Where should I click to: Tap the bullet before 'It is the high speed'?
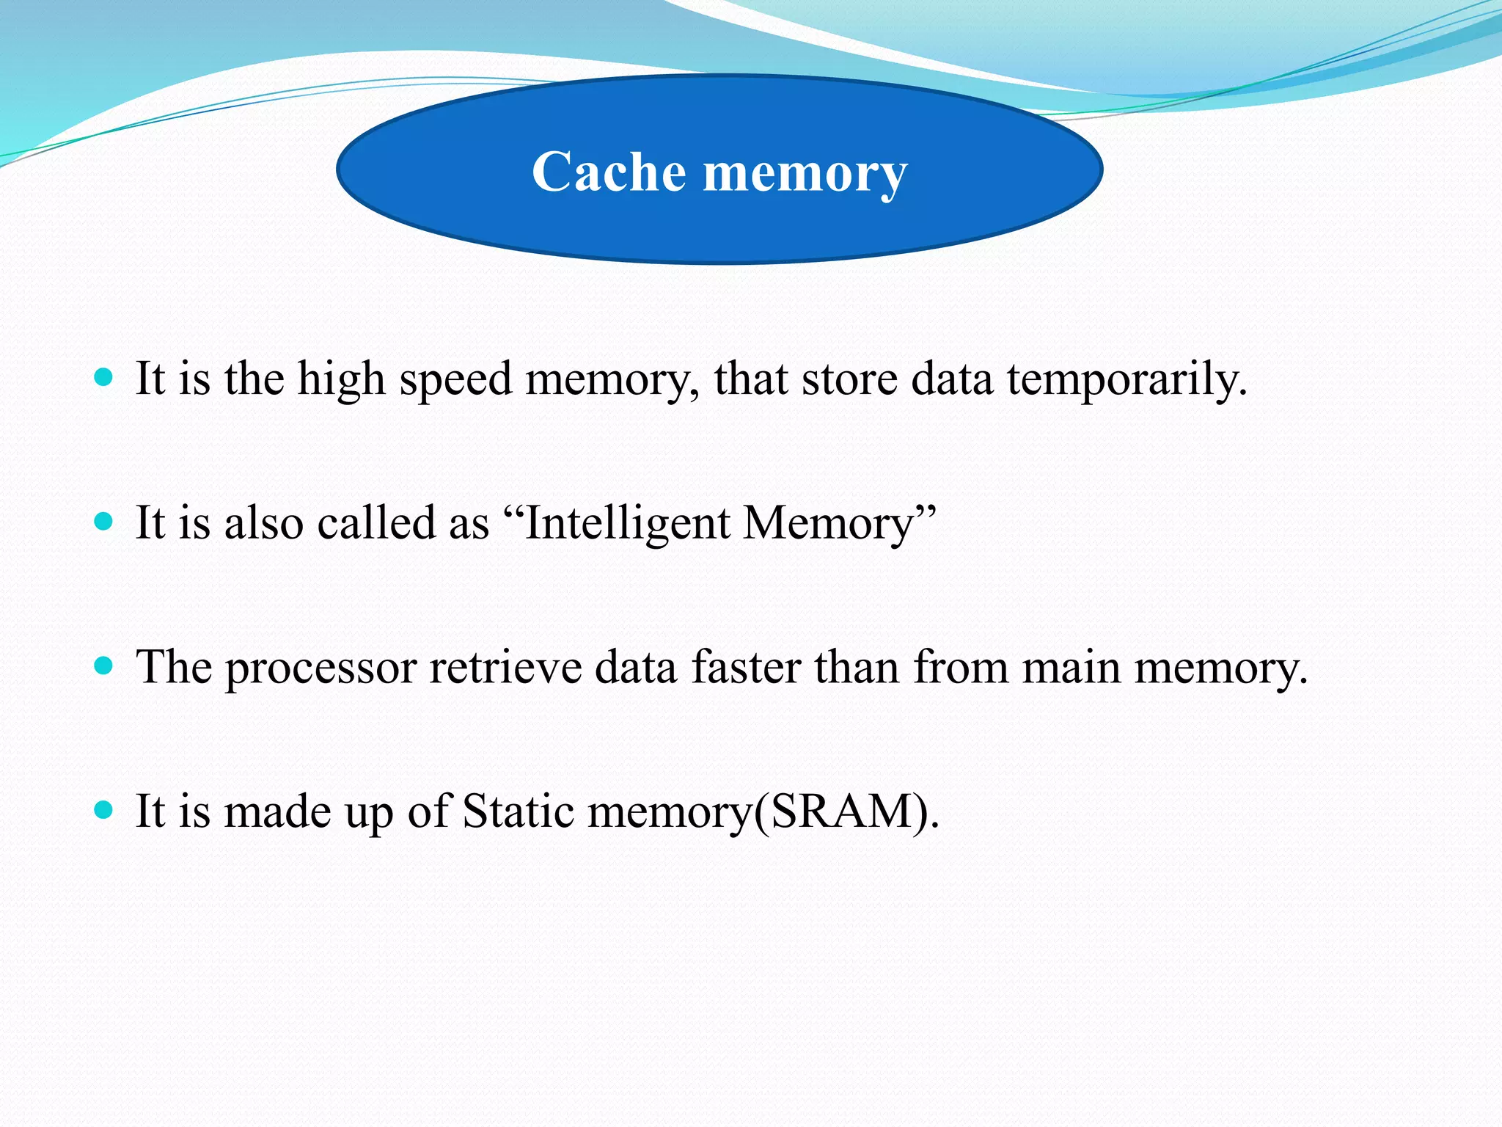point(104,378)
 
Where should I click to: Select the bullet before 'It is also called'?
point(104,522)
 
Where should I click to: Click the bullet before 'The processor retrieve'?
point(104,666)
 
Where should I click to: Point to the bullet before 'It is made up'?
point(104,810)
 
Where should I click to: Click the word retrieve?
point(505,668)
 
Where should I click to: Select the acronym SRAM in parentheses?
point(843,811)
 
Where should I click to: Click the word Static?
point(518,811)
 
